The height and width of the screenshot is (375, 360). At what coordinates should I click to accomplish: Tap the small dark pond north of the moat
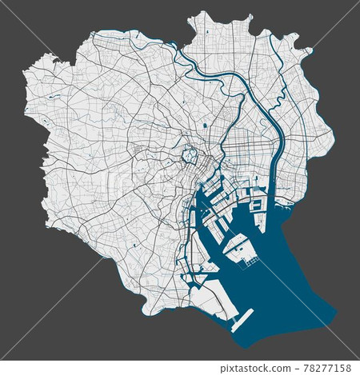(205, 126)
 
